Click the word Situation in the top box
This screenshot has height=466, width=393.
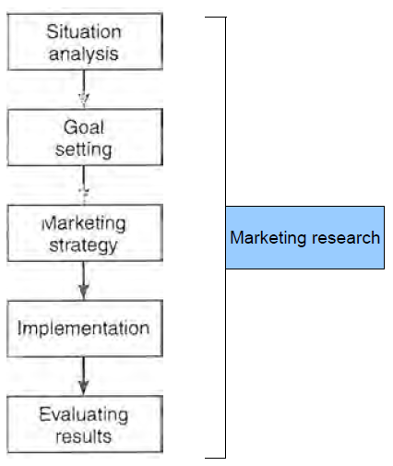tap(84, 31)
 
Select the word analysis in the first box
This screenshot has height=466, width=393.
tap(84, 54)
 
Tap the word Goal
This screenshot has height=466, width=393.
tap(84, 127)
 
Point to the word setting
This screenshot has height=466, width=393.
tap(84, 149)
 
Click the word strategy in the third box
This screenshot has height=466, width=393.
tap(84, 245)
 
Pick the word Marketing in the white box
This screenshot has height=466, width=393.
tap(84, 223)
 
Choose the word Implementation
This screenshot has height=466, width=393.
tap(84, 328)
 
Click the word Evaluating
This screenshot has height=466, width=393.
tap(84, 415)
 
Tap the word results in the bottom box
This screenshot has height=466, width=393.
tap(84, 436)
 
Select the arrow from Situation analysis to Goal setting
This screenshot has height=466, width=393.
tap(84, 89)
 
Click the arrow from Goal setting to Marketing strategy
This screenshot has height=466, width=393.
tap(84, 185)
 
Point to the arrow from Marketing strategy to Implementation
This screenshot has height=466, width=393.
tap(84, 281)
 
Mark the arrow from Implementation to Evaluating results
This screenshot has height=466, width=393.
tap(84, 376)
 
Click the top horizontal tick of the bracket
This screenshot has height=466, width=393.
tap(216, 18)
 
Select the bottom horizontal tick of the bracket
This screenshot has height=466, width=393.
tap(216, 458)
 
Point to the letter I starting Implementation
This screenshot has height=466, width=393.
tap(20, 328)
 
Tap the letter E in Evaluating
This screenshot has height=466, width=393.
tap(44, 414)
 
